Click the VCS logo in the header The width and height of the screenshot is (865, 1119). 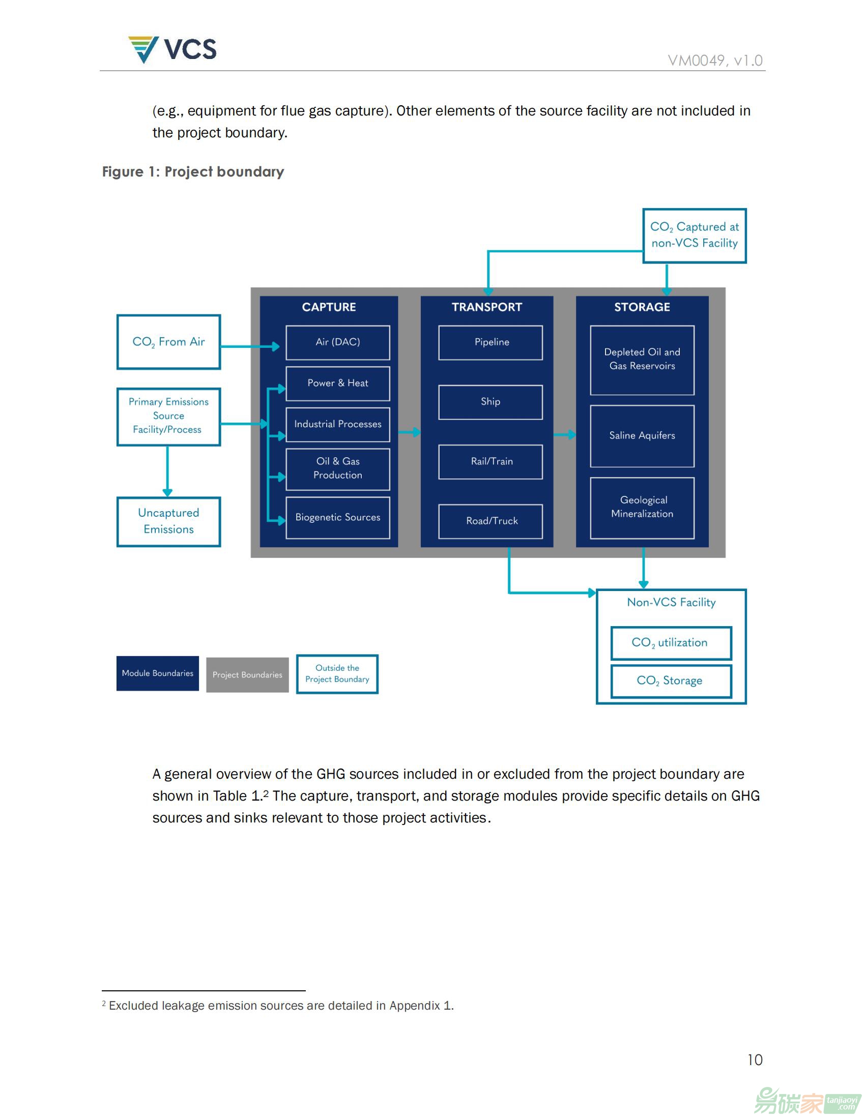(x=172, y=50)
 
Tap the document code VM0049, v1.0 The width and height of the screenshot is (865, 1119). (x=715, y=61)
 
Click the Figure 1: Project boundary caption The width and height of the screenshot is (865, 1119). (x=193, y=171)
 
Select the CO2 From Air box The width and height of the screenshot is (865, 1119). (x=168, y=342)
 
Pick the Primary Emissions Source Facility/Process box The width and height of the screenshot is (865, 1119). (x=168, y=417)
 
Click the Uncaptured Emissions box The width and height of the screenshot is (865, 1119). (x=168, y=521)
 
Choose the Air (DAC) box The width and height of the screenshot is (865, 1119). (x=338, y=342)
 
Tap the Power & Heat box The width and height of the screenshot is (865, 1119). (x=338, y=383)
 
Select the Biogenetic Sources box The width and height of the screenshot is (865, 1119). (x=338, y=517)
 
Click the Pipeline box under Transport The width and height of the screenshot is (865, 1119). (x=491, y=342)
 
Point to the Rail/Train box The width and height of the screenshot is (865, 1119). (x=491, y=462)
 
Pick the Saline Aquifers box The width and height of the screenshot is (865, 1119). (x=642, y=436)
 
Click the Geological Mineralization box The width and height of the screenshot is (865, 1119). (x=642, y=508)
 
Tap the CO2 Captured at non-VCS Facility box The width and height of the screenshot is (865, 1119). (x=695, y=235)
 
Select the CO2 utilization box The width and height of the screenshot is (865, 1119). (x=671, y=643)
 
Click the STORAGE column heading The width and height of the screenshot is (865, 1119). (x=642, y=307)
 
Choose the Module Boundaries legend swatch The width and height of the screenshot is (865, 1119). (x=157, y=673)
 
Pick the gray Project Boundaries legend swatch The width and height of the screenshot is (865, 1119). (x=247, y=675)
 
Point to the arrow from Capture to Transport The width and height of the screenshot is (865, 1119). (x=410, y=432)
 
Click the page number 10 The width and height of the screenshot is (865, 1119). (x=755, y=1059)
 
